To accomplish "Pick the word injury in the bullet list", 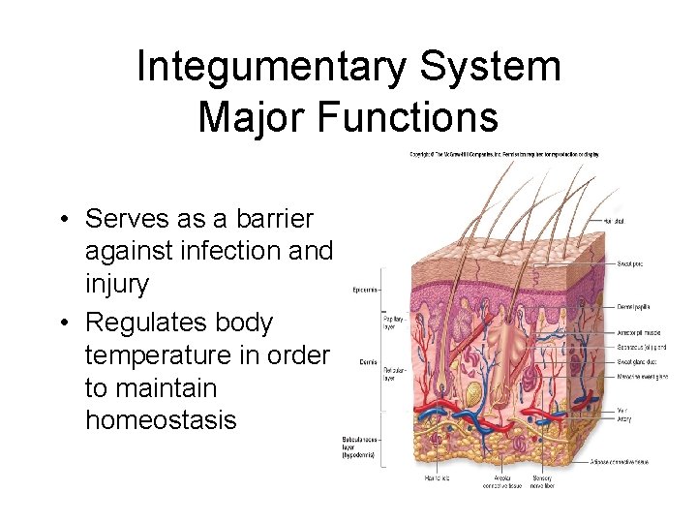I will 117,285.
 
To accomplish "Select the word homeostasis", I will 161,420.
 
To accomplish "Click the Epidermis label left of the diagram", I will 365,289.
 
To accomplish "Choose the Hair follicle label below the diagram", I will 438,477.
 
